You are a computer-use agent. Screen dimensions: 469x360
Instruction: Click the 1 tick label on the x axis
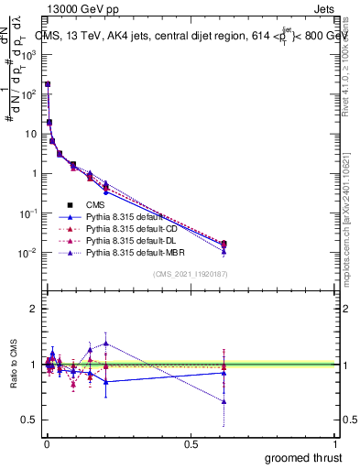[x=335, y=444]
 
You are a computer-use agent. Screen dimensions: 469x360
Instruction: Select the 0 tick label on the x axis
[x=46, y=444]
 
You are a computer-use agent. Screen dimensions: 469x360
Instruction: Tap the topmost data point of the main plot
[x=48, y=83]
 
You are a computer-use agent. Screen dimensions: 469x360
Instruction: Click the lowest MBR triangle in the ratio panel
[x=224, y=401]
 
